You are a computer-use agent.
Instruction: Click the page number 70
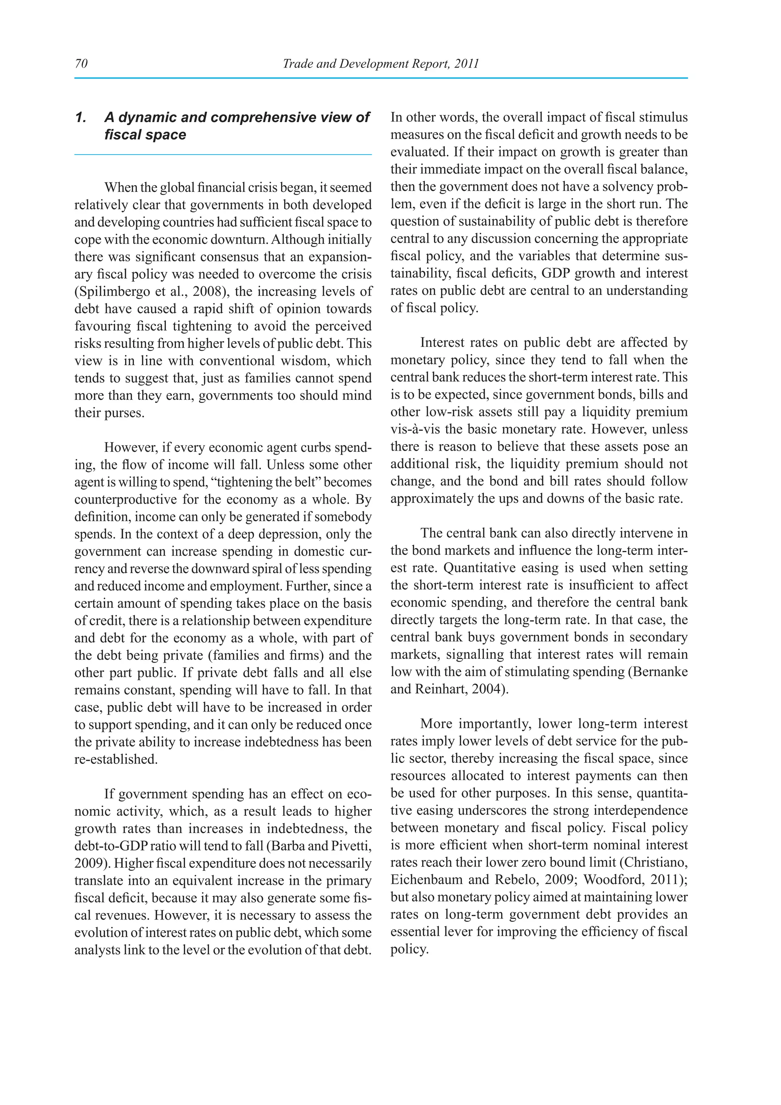[81, 64]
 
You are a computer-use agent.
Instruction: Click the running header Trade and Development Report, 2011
[381, 64]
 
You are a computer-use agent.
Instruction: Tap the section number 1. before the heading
[81, 118]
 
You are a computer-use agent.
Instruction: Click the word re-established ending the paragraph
[116, 759]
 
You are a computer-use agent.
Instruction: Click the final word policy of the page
[408, 949]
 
